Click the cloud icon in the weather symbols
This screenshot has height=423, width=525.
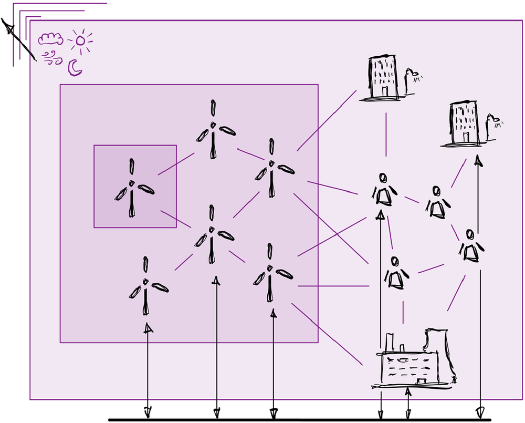(x=51, y=38)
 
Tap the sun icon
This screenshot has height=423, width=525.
(x=80, y=40)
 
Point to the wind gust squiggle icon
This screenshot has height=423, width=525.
(x=51, y=58)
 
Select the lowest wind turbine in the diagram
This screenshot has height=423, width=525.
(x=146, y=286)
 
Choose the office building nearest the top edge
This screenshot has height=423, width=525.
(x=382, y=77)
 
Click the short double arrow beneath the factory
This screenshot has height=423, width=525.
(x=408, y=402)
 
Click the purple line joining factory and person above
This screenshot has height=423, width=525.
(x=403, y=312)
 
